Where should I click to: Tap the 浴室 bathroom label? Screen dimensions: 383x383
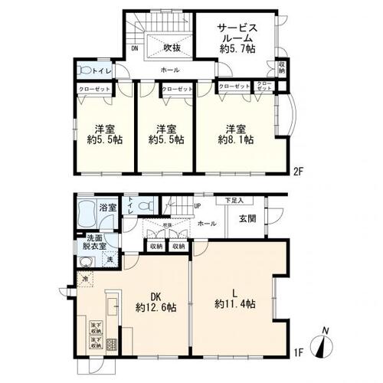(106, 208)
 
